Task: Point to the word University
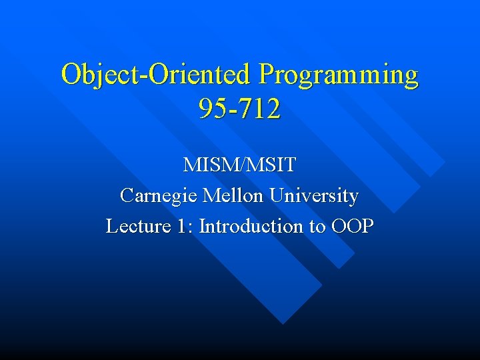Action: [x=314, y=197]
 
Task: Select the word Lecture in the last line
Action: [x=137, y=227]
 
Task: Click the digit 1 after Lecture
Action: [x=182, y=227]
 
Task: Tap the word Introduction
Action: [x=251, y=227]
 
